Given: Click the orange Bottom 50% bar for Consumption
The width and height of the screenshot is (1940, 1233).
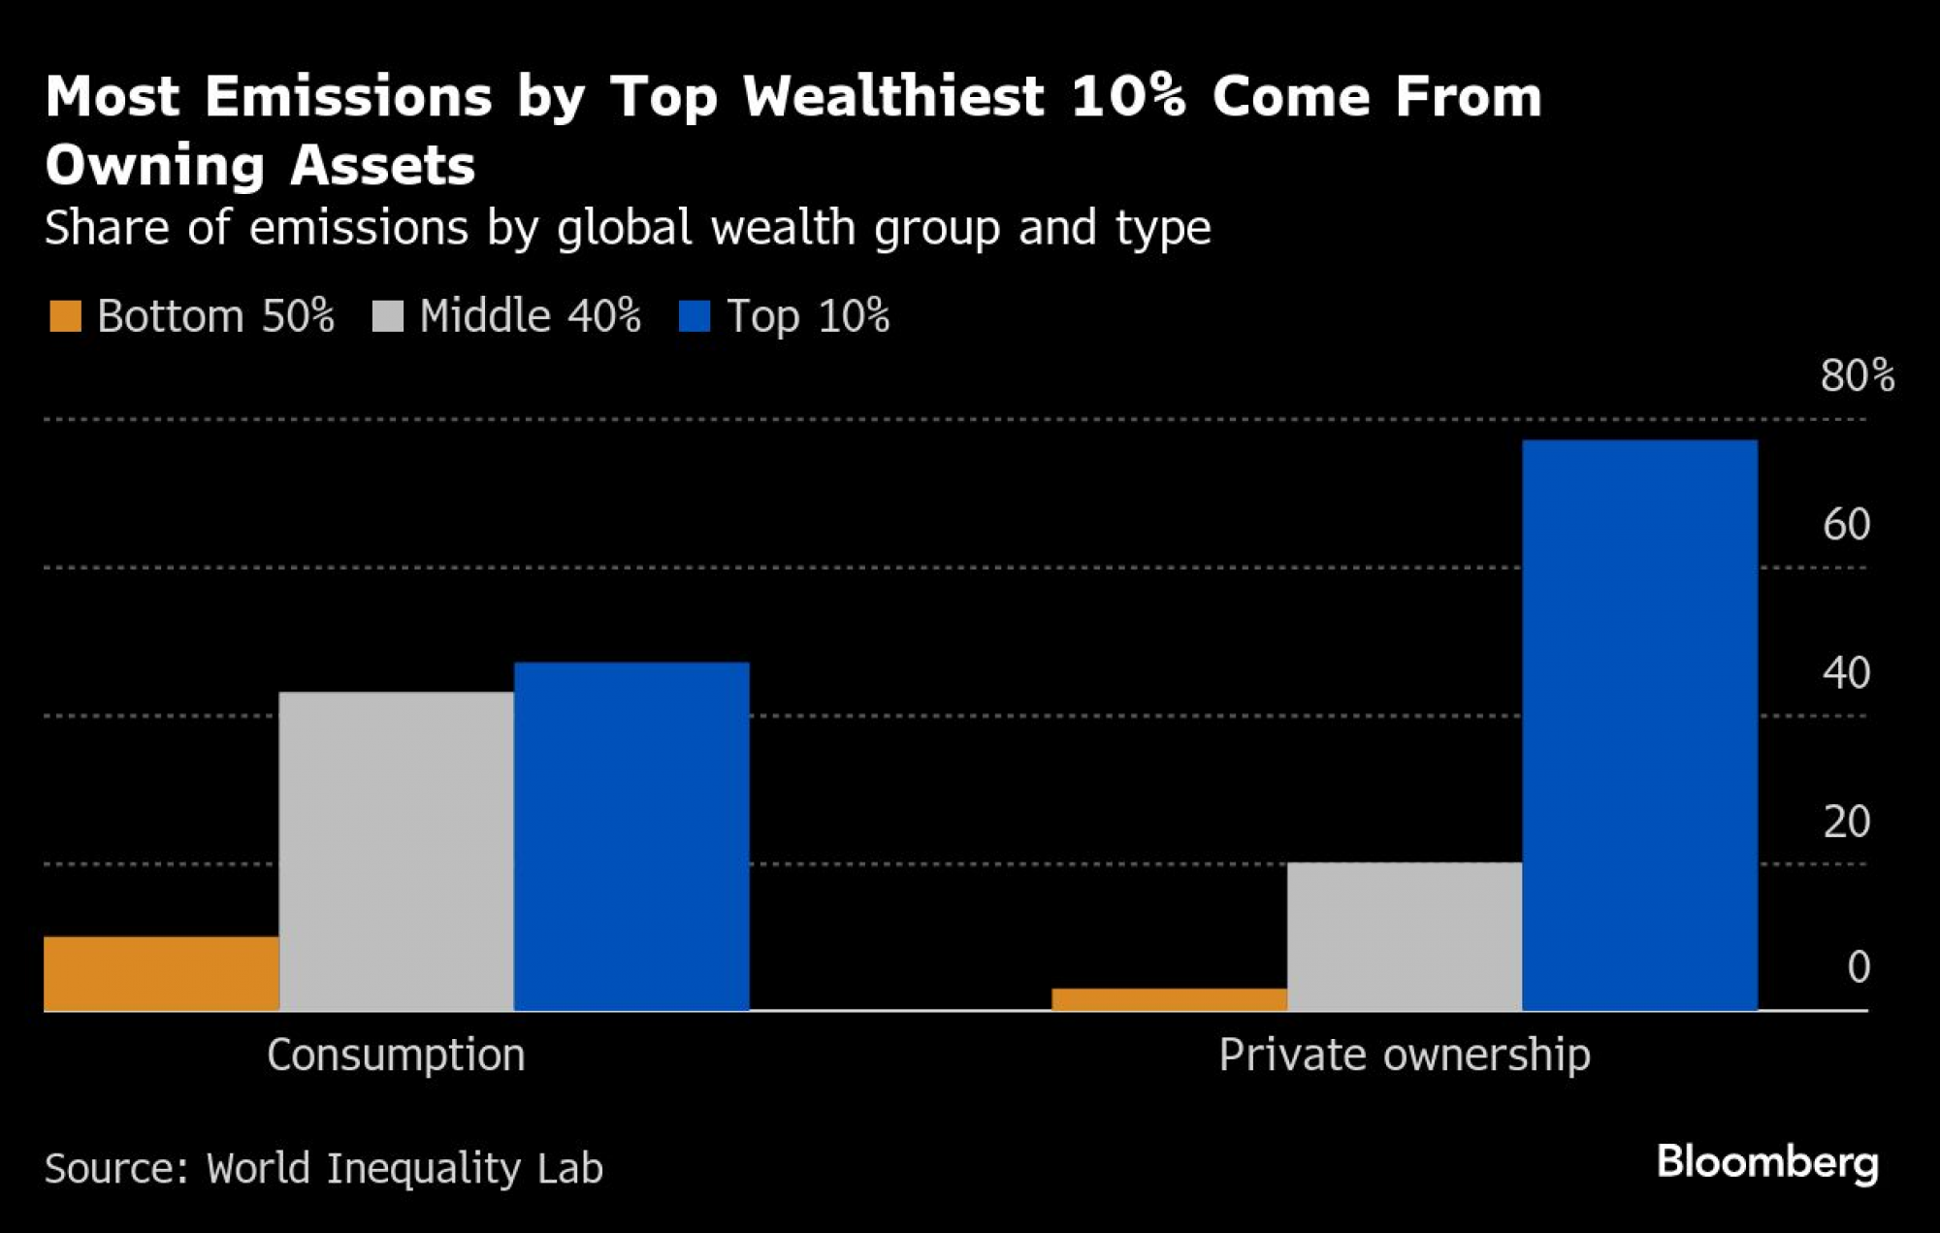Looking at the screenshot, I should pyautogui.click(x=161, y=973).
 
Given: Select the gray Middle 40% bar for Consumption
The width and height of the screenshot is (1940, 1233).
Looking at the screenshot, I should pyautogui.click(x=396, y=851).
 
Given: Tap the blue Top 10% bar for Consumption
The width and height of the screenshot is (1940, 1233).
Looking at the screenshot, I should pyautogui.click(x=631, y=836).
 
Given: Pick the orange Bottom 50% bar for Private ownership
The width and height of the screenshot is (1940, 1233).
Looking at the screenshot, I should pyautogui.click(x=1169, y=999).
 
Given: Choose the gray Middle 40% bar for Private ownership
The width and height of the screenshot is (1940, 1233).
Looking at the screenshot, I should pyautogui.click(x=1404, y=936).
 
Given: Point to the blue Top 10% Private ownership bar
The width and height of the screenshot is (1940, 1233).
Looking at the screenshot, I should pyautogui.click(x=1639, y=725).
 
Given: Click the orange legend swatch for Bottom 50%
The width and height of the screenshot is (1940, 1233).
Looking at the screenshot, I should pyautogui.click(x=65, y=316).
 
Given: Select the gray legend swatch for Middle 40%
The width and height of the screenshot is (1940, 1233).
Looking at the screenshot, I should pyautogui.click(x=387, y=316).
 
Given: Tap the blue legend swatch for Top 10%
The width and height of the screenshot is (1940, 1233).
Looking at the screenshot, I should pyautogui.click(x=695, y=316).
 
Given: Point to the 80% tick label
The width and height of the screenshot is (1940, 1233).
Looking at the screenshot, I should pyautogui.click(x=1857, y=375).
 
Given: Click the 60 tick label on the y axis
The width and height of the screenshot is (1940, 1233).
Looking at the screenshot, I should pyautogui.click(x=1846, y=524).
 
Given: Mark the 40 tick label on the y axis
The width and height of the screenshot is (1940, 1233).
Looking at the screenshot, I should pyautogui.click(x=1846, y=672).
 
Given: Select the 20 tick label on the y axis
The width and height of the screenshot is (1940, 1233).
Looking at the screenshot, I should pyautogui.click(x=1846, y=822).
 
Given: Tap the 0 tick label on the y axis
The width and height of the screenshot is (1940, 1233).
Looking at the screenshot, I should pyautogui.click(x=1858, y=966).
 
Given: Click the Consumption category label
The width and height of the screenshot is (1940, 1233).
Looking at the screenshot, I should pyautogui.click(x=396, y=1055).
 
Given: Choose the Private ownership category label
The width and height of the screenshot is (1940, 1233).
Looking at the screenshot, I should pyautogui.click(x=1404, y=1055).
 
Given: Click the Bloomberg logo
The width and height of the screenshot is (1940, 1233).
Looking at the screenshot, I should pyautogui.click(x=1766, y=1162).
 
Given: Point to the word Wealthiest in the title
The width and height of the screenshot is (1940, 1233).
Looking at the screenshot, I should pyautogui.click(x=893, y=97).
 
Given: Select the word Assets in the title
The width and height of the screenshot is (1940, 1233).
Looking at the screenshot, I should pyautogui.click(x=382, y=165).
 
